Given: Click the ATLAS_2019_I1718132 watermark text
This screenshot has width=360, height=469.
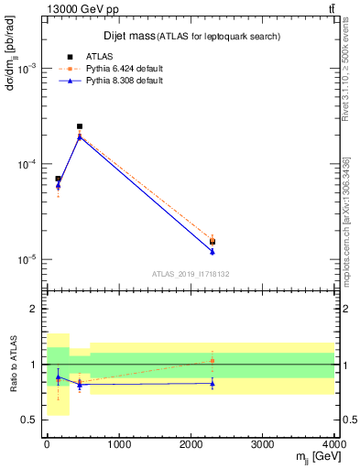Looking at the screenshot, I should (190, 273).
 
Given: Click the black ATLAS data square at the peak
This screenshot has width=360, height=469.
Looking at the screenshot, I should (80, 126).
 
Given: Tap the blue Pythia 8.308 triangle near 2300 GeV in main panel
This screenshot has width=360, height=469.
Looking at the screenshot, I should (213, 251).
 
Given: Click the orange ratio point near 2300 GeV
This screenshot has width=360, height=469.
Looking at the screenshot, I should (213, 360).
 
